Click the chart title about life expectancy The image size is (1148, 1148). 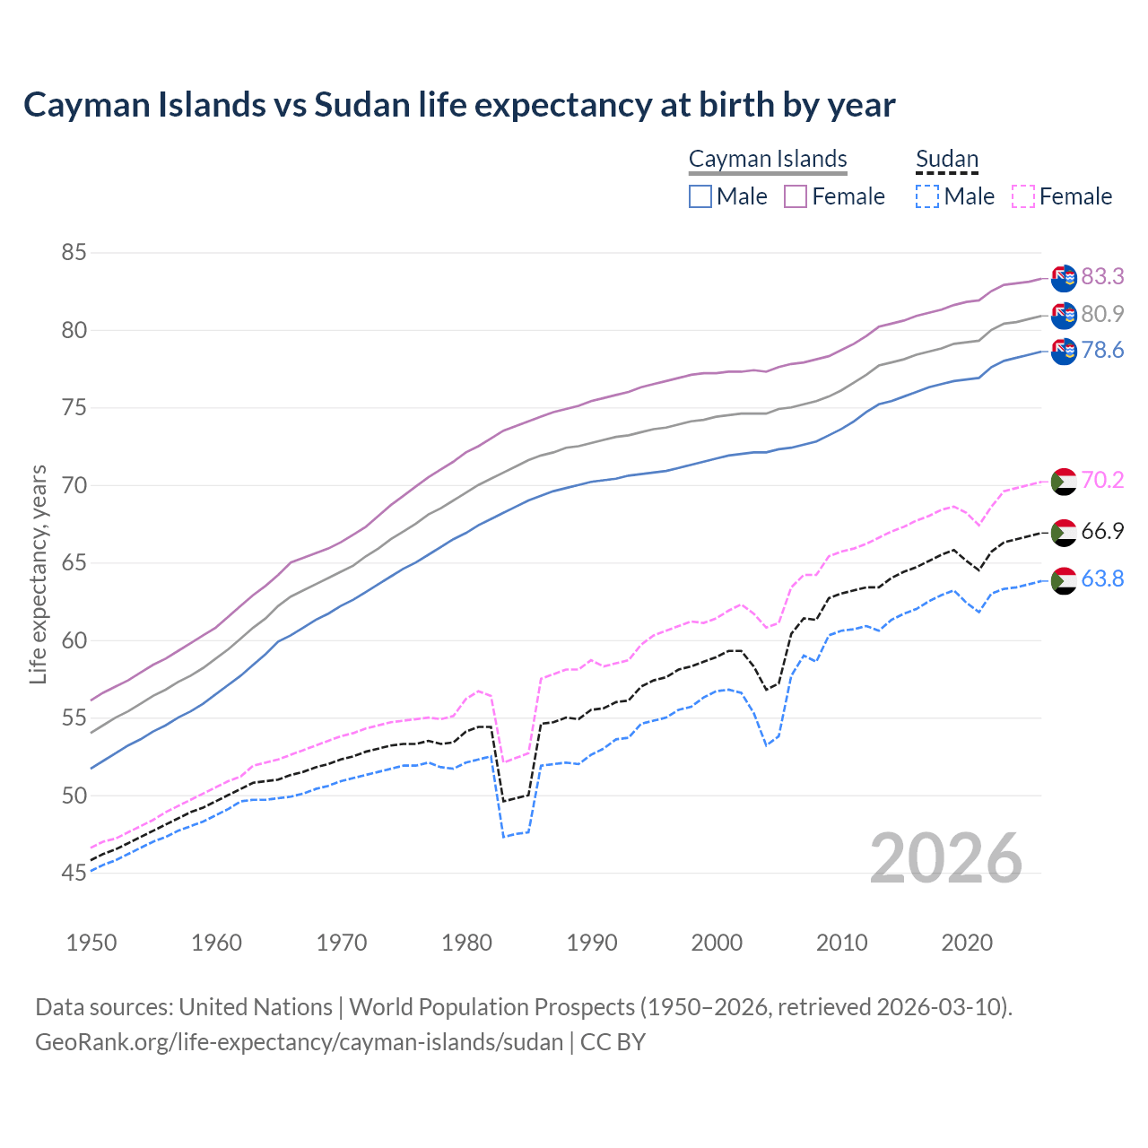pos(459,105)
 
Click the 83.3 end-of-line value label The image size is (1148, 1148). pos(1102,276)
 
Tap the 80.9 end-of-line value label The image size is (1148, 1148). pos(1102,314)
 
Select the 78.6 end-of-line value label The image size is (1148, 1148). pos(1102,350)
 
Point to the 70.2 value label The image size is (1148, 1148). pos(1102,481)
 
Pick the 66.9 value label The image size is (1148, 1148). pos(1102,531)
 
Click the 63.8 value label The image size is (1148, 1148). pos(1102,579)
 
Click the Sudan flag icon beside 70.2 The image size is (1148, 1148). pos(1064,482)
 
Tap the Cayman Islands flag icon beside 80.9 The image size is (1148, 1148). pos(1064,315)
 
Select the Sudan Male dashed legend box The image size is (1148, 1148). pos(927,196)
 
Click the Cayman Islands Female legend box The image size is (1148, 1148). pos(796,196)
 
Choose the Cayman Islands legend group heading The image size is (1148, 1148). pos(768,159)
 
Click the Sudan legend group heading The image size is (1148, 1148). pos(946,159)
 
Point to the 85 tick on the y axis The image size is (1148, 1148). pos(74,253)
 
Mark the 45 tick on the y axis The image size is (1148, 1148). pos(74,873)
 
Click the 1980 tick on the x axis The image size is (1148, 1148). pos(467,943)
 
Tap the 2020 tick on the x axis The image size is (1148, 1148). pos(968,943)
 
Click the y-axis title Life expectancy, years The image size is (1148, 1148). pos(38,574)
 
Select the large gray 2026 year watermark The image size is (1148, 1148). pos(946,858)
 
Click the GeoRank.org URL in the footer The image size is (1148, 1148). pos(299,1042)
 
